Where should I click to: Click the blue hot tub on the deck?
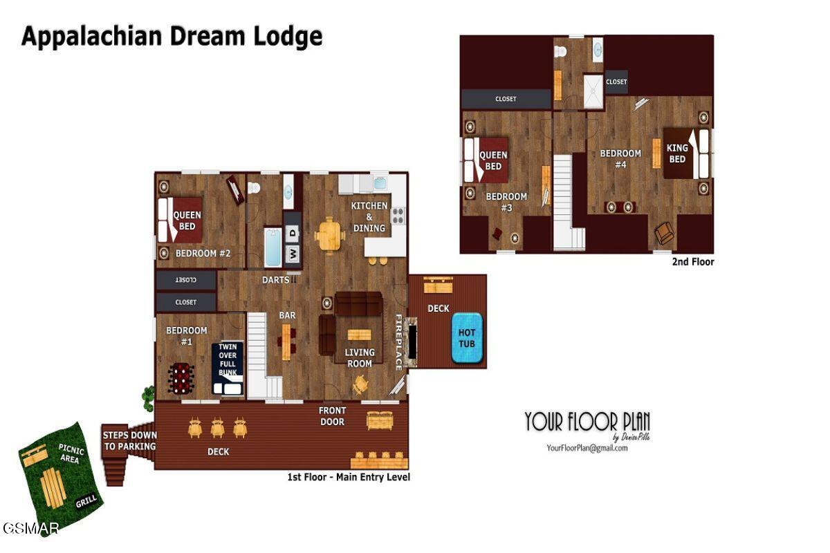point(467,337)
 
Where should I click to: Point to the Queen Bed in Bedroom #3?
point(492,160)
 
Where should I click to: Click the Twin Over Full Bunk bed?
point(228,367)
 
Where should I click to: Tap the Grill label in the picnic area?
point(86,501)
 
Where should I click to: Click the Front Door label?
point(332,415)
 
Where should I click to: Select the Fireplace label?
point(399,342)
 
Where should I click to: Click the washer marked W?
point(293,254)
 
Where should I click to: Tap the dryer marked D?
point(293,234)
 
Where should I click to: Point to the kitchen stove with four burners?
point(398,216)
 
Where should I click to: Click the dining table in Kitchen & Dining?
point(329,235)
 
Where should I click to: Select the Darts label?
point(276,280)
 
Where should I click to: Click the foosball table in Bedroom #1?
point(181,378)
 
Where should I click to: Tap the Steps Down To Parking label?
point(129,440)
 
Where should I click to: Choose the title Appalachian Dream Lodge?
point(172,36)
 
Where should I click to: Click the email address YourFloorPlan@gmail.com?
point(587,447)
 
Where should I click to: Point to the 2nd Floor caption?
point(692,262)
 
